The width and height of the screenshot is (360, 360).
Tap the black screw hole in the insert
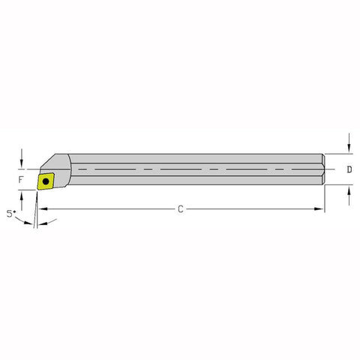click(x=46, y=181)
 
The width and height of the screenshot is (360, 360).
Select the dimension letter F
click(x=22, y=181)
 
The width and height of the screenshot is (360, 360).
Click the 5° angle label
click(x=10, y=214)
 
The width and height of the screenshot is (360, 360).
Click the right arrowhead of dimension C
click(x=320, y=208)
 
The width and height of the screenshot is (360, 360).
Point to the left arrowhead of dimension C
click(x=39, y=208)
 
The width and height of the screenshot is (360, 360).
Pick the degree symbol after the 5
click(x=14, y=211)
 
